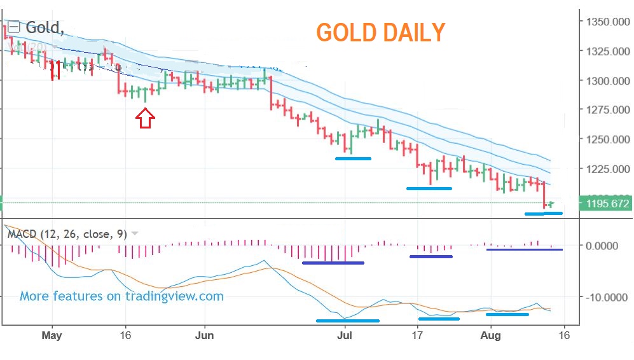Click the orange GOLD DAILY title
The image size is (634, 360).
(x=380, y=32)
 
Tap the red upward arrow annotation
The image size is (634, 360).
(x=146, y=118)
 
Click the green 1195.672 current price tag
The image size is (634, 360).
(x=604, y=204)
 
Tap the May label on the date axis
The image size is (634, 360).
(x=53, y=335)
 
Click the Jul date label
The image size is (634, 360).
(x=345, y=335)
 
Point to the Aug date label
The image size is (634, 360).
(x=490, y=335)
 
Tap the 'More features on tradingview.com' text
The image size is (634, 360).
(x=121, y=296)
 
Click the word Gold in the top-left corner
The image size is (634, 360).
(x=44, y=27)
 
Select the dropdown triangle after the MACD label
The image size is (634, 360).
(x=135, y=234)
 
